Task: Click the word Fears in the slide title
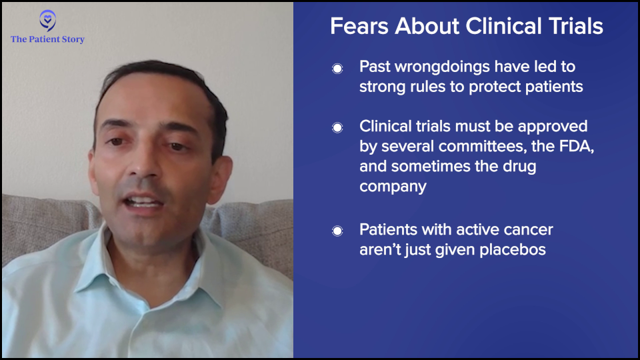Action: point(359,26)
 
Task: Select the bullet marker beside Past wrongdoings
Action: point(337,69)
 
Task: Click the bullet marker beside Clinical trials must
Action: point(337,128)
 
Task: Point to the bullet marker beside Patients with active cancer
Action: point(337,231)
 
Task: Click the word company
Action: point(393,187)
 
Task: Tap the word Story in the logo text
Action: point(73,39)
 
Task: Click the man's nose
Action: point(144,163)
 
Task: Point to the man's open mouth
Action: point(143,201)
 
